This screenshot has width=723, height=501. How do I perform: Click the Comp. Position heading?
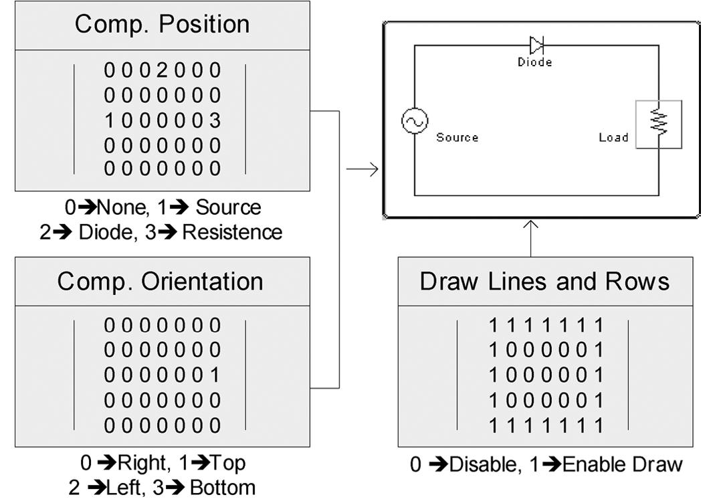click(162, 25)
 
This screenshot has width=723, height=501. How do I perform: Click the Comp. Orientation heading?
click(161, 282)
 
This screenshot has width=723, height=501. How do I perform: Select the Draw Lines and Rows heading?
click(544, 282)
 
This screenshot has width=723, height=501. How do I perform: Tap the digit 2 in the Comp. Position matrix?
click(163, 70)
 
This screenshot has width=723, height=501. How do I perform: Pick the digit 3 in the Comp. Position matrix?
click(215, 121)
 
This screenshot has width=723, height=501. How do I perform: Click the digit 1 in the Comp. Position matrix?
click(110, 121)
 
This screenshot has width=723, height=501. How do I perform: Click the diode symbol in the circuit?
click(536, 45)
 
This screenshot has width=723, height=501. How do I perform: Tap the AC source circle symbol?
click(414, 121)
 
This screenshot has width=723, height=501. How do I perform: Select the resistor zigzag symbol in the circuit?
click(659, 124)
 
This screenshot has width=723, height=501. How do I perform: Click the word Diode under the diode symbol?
click(534, 62)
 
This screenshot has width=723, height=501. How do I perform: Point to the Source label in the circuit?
click(457, 138)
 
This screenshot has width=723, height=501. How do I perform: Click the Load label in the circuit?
click(613, 138)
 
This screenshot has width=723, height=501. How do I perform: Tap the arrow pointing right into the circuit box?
click(363, 169)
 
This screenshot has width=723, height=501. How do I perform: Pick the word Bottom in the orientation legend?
click(222, 487)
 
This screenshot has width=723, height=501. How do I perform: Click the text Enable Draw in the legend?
click(622, 464)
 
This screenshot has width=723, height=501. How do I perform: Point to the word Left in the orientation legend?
click(126, 487)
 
